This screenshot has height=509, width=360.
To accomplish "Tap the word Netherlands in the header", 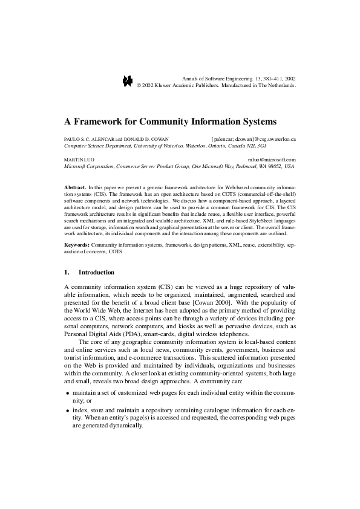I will [279, 86].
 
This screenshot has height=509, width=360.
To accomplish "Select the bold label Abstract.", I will [75, 187].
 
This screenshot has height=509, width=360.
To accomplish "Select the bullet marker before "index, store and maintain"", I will [67, 410].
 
